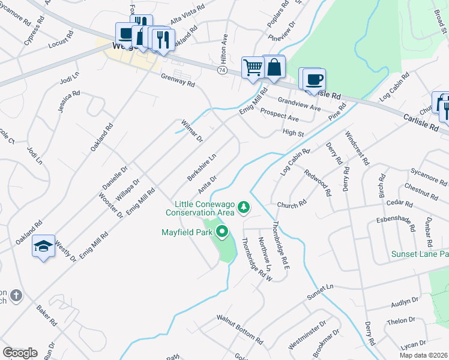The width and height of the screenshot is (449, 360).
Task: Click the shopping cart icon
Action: [x=253, y=67]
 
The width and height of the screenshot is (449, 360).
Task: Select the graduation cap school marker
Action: [x=44, y=245]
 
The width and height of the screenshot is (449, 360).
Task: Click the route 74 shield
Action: [x=222, y=70]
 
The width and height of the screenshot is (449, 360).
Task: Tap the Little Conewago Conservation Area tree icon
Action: [x=244, y=208]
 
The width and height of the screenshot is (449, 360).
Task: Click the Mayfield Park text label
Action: [x=188, y=232]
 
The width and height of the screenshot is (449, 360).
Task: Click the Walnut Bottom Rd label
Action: [x=240, y=328]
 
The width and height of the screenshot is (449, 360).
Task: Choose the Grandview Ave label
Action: [x=299, y=109]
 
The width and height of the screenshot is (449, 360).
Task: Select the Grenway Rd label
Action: [x=178, y=80]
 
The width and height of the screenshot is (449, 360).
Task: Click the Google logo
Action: [x=20, y=352]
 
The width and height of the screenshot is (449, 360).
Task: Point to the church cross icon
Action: [x=16, y=295]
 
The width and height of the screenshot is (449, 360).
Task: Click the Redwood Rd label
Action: [x=318, y=184]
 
